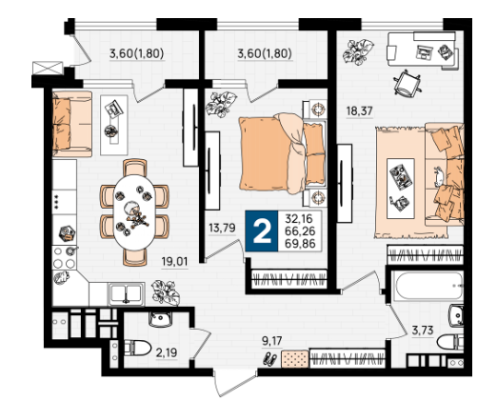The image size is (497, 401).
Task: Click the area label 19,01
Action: coord(174,262)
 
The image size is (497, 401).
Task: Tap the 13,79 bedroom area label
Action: coord(222,228)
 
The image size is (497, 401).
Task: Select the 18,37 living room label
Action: coord(359,111)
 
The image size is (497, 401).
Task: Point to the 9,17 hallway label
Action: coord(271,341)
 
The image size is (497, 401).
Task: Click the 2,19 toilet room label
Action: coord(167,352)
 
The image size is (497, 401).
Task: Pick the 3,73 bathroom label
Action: coord(423,331)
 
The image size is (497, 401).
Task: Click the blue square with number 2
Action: coord(262,231)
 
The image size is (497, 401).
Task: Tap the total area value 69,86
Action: coord(300,244)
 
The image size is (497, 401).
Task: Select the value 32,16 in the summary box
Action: coord(299,219)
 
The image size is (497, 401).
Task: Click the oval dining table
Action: coord(134,211)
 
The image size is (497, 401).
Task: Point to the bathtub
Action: coord(427,285)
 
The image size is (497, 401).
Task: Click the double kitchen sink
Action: coord(126,293)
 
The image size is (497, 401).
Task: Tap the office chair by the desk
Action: coord(408,83)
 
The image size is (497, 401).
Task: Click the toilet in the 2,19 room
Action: coord(137,348)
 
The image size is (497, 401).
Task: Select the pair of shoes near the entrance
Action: coord(269,359)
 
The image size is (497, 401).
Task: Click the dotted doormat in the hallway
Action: coord(295,359)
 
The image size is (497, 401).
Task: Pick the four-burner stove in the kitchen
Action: coord(64,257)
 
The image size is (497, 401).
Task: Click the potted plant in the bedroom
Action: coord(221,104)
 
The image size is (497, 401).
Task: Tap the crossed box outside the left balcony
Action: coord(48,68)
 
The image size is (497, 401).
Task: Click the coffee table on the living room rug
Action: coord(401,189)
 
